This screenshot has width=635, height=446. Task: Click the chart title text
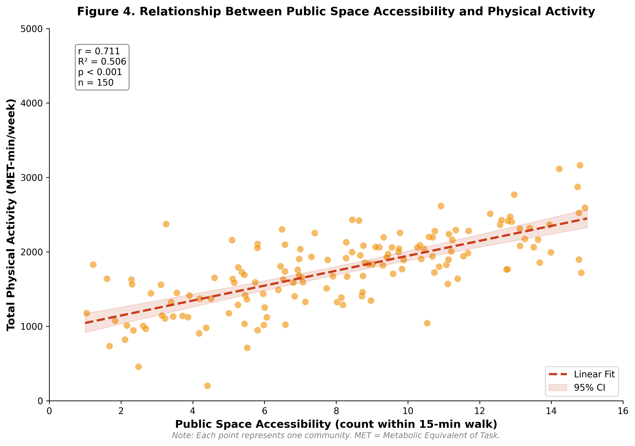pyautogui.click(x=336, y=12)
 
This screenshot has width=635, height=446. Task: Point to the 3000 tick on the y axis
pyautogui.click(x=31, y=178)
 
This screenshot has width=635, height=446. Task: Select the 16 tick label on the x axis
pyautogui.click(x=623, y=411)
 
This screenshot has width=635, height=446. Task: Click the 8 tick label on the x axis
pyautogui.click(x=336, y=411)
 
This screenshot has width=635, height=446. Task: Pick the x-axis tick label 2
pyautogui.click(x=121, y=411)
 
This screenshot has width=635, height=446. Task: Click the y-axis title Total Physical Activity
pyautogui.click(x=11, y=215)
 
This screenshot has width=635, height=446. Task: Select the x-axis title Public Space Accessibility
pyautogui.click(x=336, y=424)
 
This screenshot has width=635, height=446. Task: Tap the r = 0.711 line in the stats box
pyautogui.click(x=99, y=51)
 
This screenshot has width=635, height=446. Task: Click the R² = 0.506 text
pyautogui.click(x=102, y=62)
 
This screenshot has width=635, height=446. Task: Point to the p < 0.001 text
pyautogui.click(x=100, y=72)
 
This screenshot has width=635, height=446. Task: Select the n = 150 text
pyautogui.click(x=96, y=83)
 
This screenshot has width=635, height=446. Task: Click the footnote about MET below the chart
pyautogui.click(x=336, y=435)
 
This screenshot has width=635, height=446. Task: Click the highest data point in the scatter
pyautogui.click(x=580, y=165)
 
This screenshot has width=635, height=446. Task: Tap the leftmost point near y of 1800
pyautogui.click(x=93, y=265)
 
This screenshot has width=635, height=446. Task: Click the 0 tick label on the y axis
pyautogui.click(x=40, y=401)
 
